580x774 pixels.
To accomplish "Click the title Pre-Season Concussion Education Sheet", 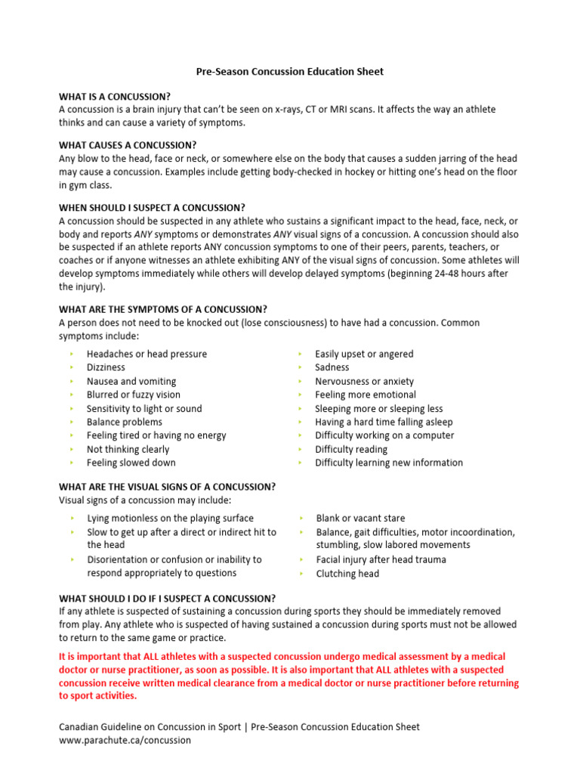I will (x=290, y=72).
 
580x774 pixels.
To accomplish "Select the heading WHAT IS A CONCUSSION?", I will (x=115, y=97).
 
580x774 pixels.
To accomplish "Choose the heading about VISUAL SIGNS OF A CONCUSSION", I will (x=167, y=486).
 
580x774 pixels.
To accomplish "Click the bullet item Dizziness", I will (x=106, y=367).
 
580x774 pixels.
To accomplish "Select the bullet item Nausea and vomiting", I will (x=131, y=381).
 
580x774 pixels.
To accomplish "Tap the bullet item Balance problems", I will (x=124, y=422).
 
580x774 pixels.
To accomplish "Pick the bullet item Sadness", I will (x=332, y=367).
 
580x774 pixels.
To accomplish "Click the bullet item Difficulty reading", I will (x=351, y=449).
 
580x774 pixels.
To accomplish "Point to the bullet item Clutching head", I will (x=347, y=574).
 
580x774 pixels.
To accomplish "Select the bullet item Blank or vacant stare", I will (x=360, y=519).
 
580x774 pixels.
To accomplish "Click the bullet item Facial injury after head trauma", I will (x=381, y=560).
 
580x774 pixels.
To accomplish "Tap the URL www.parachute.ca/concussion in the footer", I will (x=125, y=741).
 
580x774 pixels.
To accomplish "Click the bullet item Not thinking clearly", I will (x=128, y=449).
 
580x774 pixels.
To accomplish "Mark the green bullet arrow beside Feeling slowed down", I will (x=71, y=463).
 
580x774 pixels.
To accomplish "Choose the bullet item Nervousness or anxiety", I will (x=364, y=381).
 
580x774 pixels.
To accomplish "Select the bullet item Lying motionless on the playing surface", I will (x=170, y=519).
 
